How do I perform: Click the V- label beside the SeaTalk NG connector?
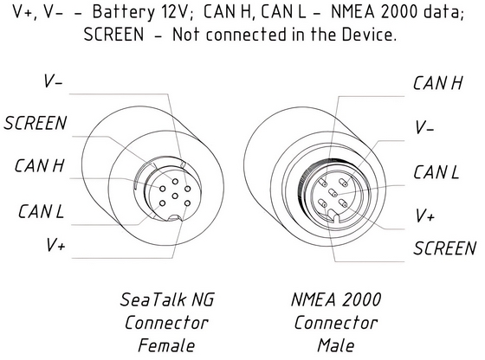click(54, 82)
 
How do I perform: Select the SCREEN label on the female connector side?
click(34, 123)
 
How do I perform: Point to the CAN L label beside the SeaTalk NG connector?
click(42, 210)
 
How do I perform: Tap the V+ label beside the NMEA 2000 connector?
click(424, 214)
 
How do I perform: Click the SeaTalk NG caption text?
click(167, 300)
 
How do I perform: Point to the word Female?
click(167, 345)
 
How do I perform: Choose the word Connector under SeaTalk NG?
click(167, 323)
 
